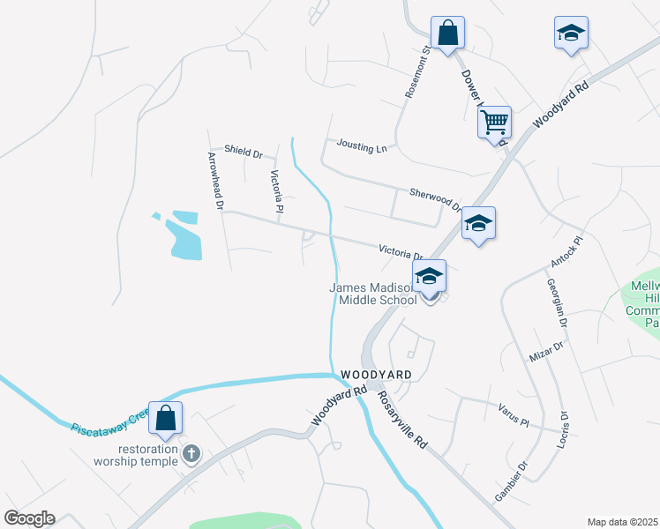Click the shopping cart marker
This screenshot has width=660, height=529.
click(495, 121)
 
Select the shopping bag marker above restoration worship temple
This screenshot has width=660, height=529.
click(166, 418)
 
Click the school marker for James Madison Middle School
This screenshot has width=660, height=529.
click(429, 277)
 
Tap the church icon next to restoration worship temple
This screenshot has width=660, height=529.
click(191, 453)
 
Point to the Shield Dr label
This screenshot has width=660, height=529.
click(244, 152)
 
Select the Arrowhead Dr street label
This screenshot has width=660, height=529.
click(215, 181)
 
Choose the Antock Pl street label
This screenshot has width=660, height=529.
click(568, 252)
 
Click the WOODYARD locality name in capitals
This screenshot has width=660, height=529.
click(376, 375)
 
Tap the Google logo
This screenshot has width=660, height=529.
click(29, 518)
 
